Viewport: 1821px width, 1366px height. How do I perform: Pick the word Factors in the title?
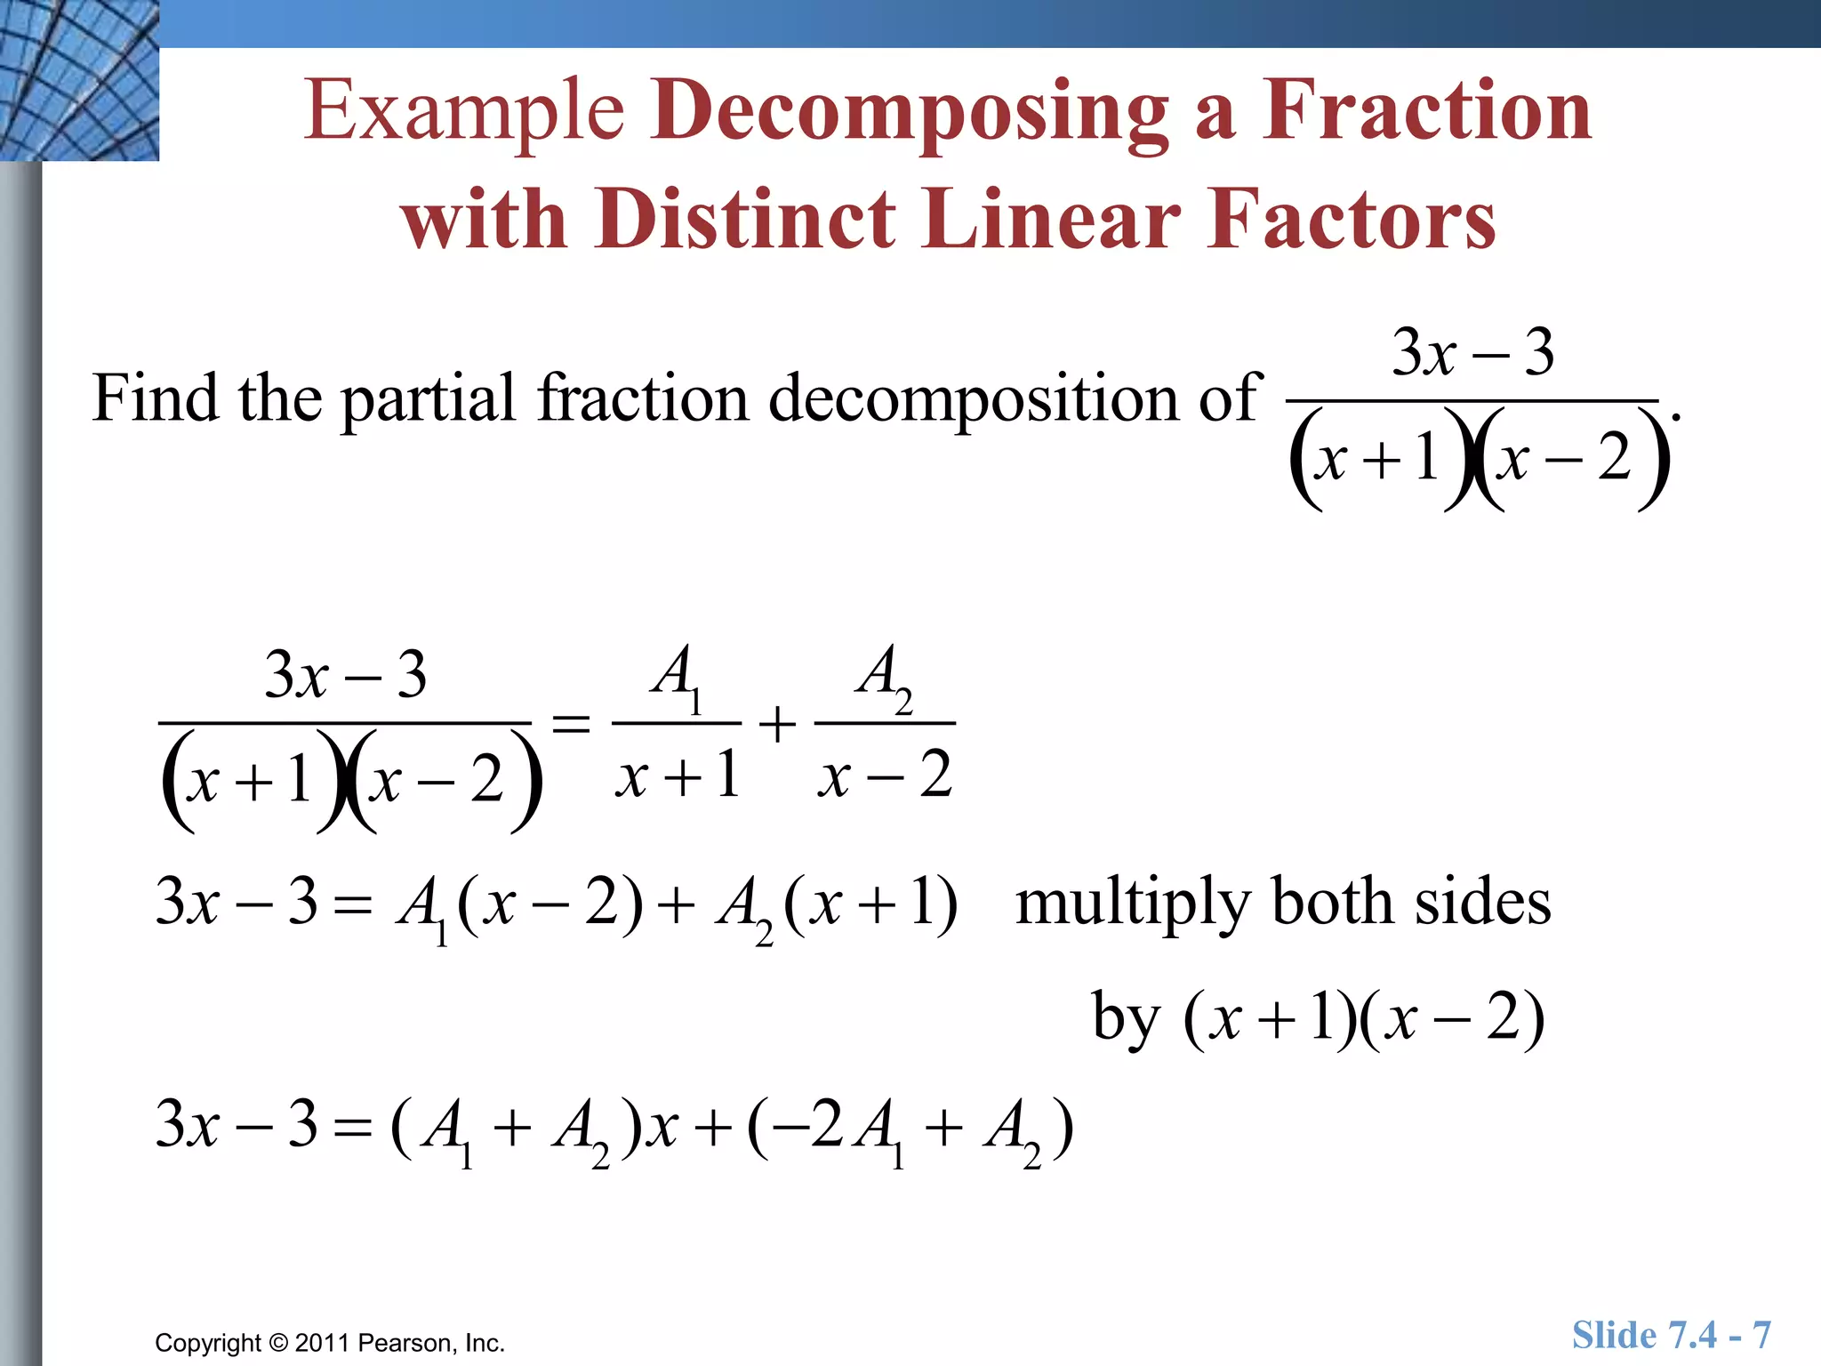click(x=1352, y=218)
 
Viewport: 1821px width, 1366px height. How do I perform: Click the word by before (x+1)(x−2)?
click(x=1125, y=1018)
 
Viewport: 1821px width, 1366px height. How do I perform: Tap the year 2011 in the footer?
click(x=323, y=1343)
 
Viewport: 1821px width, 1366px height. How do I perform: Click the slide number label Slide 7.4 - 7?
click(x=1671, y=1335)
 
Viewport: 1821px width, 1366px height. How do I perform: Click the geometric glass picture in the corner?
click(x=79, y=80)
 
